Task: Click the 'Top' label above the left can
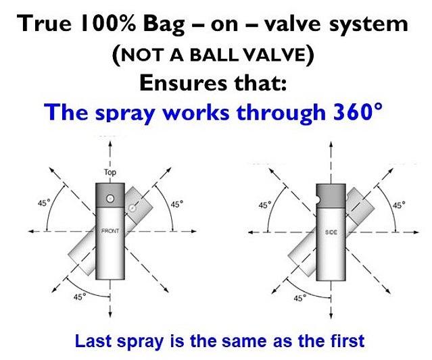pos(110,172)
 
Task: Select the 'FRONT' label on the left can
pos(110,232)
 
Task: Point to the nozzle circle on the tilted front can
pos(134,209)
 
